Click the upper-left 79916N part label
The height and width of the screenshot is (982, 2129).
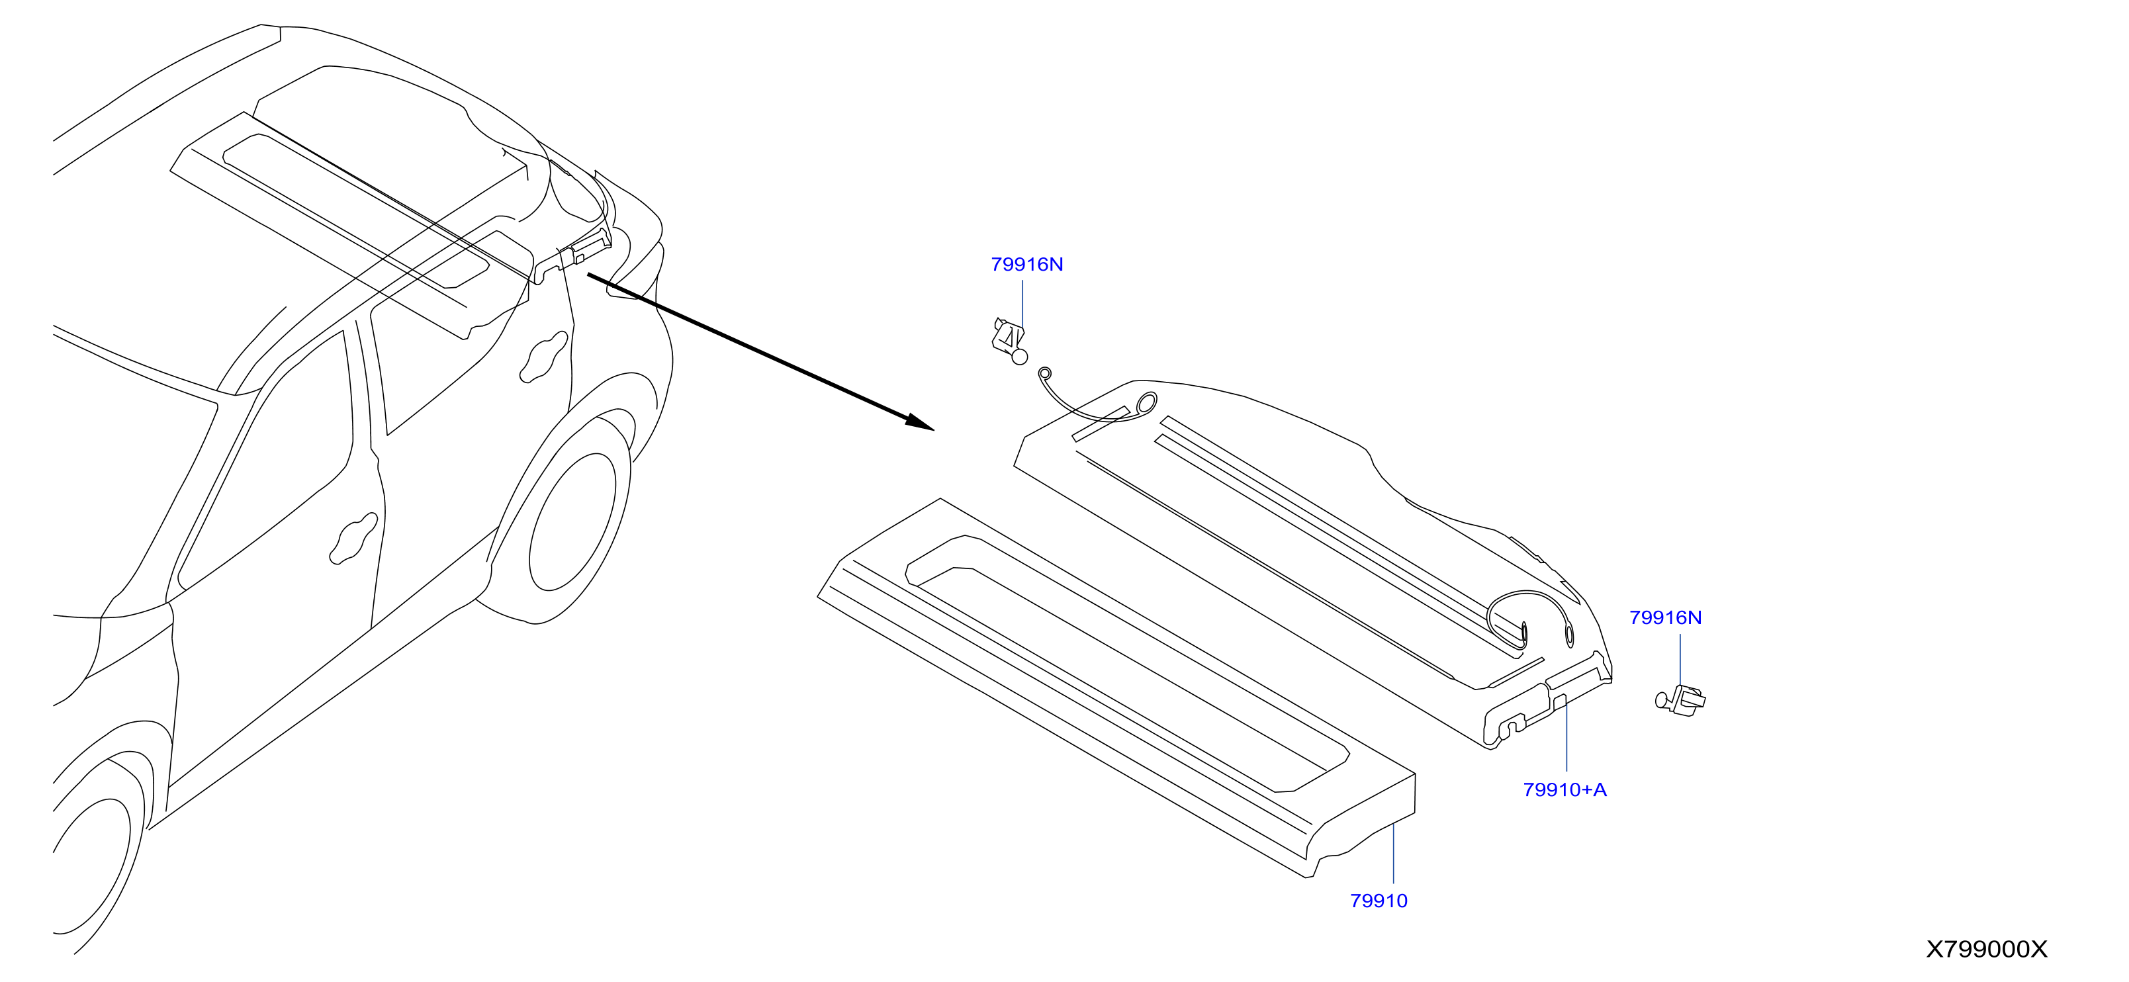pos(1026,265)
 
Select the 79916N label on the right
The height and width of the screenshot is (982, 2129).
pos(1665,617)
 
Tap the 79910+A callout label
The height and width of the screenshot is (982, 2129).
pos(1564,790)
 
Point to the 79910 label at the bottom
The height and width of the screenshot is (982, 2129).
pos(1379,901)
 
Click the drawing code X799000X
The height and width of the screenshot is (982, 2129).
pos(1987,949)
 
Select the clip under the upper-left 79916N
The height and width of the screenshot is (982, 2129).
pos(1009,341)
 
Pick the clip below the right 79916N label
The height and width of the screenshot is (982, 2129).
pos(1680,699)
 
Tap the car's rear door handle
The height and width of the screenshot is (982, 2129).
pos(544,357)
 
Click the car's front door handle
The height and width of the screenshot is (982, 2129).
pos(354,539)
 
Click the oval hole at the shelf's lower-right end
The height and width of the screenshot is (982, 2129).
pos(1570,635)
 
